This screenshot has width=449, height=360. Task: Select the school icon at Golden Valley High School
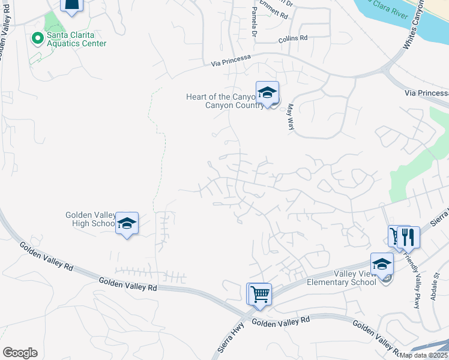click(x=127, y=223)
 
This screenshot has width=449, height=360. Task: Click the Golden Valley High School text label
click(x=90, y=219)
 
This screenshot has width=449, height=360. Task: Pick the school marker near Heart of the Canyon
click(x=267, y=92)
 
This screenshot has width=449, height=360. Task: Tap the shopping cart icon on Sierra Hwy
click(x=260, y=294)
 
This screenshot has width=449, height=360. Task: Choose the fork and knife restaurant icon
click(x=409, y=236)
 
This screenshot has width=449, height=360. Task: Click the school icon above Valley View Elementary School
click(x=382, y=263)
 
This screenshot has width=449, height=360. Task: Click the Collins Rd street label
click(x=292, y=38)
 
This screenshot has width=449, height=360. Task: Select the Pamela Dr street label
click(x=255, y=21)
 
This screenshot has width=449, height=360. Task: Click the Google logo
click(x=20, y=353)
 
